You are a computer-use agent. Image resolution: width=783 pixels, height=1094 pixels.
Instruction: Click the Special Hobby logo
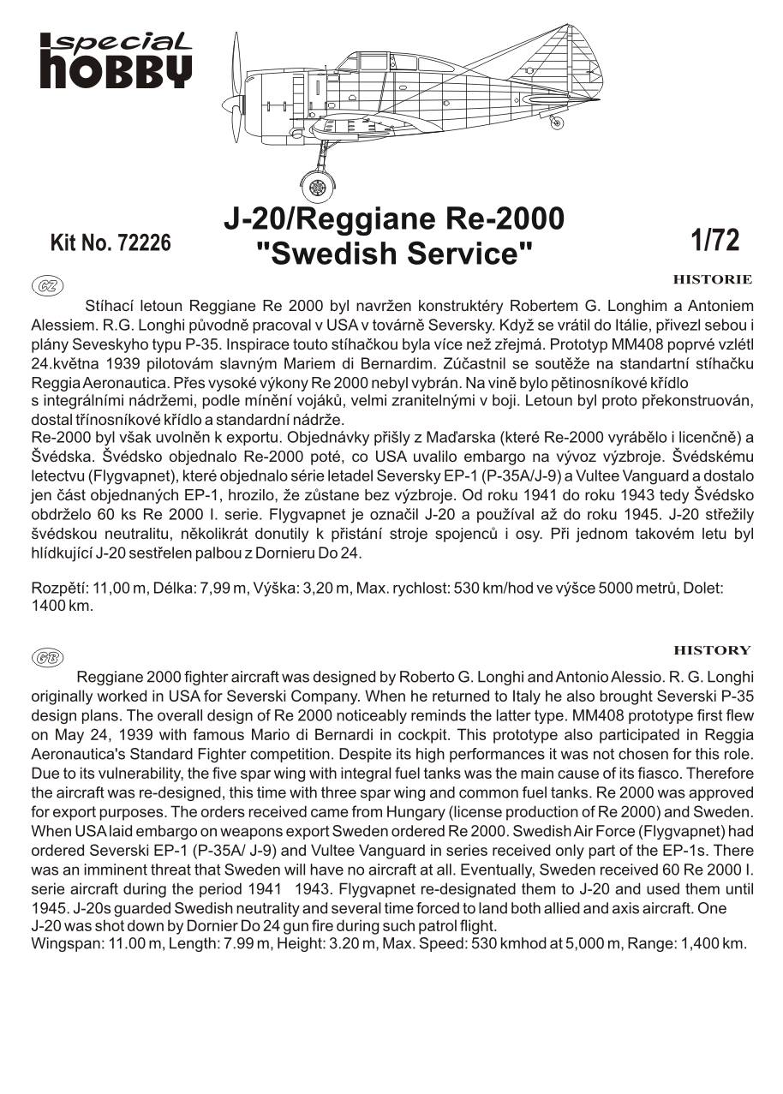115,60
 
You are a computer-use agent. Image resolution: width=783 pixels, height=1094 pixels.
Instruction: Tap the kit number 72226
111,243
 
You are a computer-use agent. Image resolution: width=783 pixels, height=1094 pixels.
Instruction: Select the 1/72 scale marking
714,241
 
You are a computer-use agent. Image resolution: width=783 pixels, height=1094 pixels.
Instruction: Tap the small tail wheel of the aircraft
558,123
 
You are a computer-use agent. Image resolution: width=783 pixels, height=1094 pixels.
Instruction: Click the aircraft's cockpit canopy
377,62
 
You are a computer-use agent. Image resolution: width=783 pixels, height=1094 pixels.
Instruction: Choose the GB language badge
47,657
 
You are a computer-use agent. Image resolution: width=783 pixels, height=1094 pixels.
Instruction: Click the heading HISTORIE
712,279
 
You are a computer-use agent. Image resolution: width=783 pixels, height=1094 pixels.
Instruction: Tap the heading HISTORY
712,650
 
